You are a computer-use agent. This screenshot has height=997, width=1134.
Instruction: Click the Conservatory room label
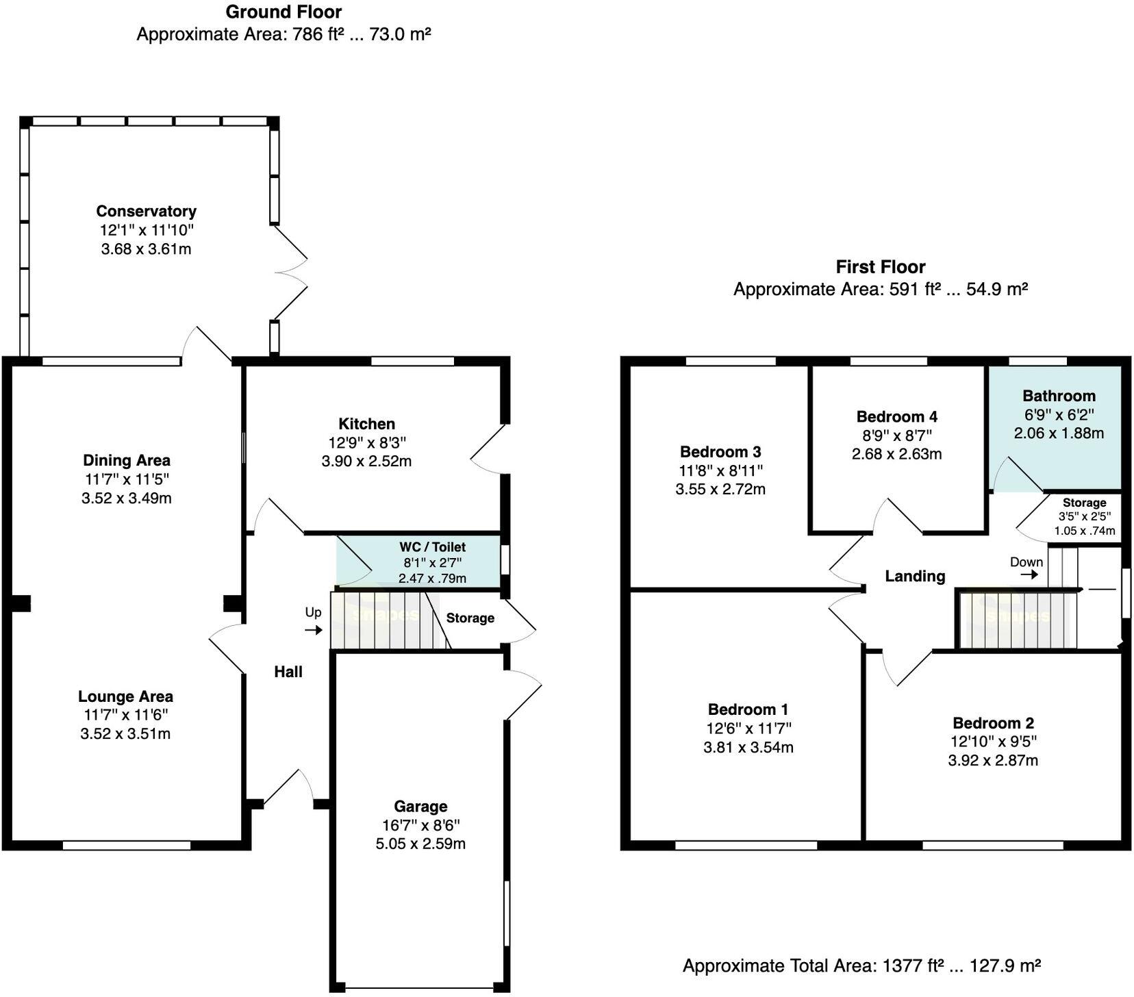(x=146, y=211)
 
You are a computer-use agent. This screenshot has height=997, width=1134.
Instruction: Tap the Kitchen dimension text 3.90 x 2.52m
(x=366, y=462)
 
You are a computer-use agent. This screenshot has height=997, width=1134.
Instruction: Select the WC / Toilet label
(x=432, y=547)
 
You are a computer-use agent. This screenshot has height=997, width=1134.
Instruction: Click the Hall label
(x=288, y=672)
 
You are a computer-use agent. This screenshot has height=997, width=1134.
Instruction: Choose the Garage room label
(x=420, y=807)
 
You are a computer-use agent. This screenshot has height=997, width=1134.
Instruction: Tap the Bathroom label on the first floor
(x=1059, y=396)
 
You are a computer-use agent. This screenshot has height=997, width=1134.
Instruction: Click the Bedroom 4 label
(x=896, y=417)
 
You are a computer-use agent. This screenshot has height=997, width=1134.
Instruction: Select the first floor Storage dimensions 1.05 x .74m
(x=1084, y=531)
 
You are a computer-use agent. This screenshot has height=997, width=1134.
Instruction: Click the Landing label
(x=915, y=577)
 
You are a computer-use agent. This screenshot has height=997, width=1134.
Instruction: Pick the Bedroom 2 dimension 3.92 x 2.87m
(x=993, y=761)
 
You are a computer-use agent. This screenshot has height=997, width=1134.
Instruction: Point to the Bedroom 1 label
(x=748, y=709)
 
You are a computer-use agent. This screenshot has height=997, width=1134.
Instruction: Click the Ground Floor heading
(x=283, y=12)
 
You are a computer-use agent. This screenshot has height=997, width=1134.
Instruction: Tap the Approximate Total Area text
(x=861, y=966)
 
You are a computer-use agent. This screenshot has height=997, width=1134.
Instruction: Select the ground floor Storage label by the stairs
(x=470, y=618)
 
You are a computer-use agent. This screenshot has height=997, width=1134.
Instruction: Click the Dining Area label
(x=126, y=461)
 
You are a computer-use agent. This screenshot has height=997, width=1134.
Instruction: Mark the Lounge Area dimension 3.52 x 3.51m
(x=125, y=734)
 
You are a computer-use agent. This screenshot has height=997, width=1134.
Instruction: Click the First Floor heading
(x=880, y=267)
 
